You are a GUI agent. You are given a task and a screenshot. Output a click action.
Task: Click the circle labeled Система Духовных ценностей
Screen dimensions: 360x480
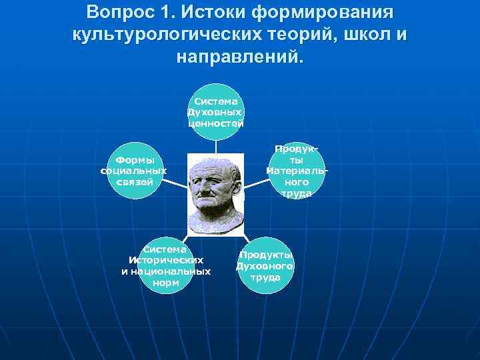tap(215, 112)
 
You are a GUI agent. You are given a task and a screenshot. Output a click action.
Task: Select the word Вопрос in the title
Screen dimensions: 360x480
tap(115, 13)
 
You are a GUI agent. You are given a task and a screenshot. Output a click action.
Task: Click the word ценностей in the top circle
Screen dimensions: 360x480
tap(215, 123)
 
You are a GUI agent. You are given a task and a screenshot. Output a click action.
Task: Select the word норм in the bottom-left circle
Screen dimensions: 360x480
tap(166, 282)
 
